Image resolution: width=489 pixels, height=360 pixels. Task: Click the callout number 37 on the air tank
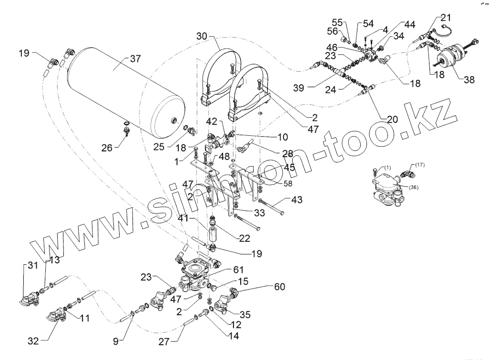coord(136,60)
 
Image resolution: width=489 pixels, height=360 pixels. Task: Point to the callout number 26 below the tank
coord(107,148)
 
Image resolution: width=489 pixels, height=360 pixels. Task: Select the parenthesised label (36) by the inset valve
coord(414,187)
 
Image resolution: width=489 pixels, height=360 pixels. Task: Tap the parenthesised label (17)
coord(419,165)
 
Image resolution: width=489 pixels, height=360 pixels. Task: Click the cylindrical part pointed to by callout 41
coord(212,235)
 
